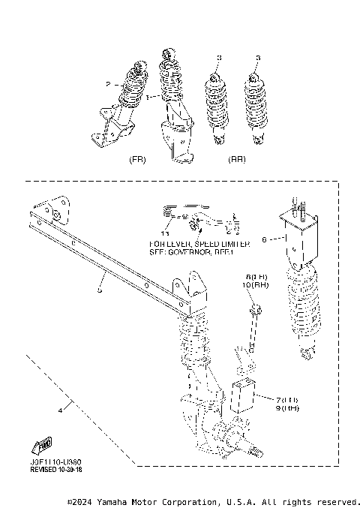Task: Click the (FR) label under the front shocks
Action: tap(137, 159)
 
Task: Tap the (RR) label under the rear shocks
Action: tap(237, 159)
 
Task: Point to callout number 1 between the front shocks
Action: tap(148, 97)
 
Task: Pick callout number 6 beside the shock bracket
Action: tap(265, 240)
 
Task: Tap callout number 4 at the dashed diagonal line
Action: tap(59, 410)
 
